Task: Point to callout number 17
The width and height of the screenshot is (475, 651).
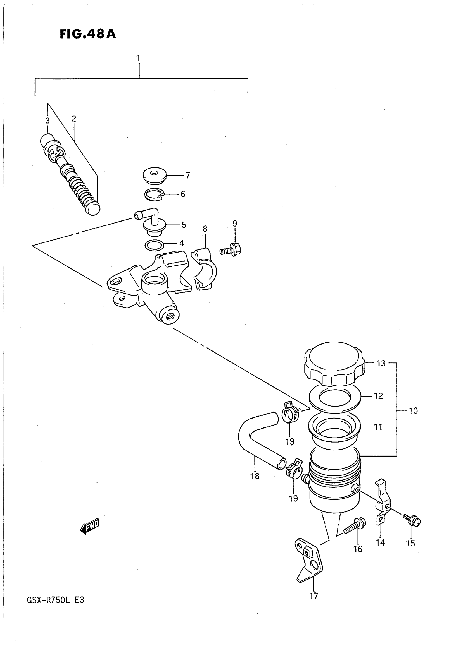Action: point(314,596)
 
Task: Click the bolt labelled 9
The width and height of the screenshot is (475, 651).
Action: point(230,249)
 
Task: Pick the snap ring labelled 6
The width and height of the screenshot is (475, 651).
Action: point(155,195)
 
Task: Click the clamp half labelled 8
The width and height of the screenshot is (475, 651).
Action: point(205,269)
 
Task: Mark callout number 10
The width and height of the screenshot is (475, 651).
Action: point(413,411)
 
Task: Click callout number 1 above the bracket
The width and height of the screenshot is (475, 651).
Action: point(138,59)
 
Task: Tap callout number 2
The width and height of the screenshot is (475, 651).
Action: point(74,119)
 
